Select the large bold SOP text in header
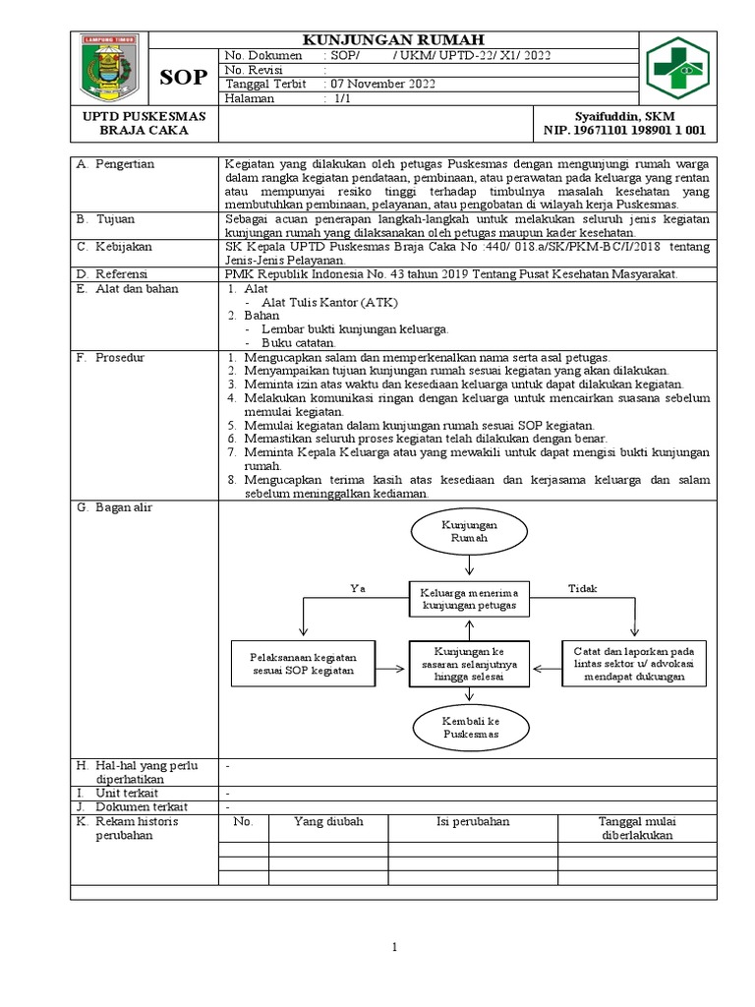184,78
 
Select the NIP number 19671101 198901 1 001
624,130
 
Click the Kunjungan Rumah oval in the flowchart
471,532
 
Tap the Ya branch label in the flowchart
357,588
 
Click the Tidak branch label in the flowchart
582,588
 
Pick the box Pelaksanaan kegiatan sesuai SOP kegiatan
302,664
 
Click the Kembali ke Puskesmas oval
471,728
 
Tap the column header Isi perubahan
473,821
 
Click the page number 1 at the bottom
393,947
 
